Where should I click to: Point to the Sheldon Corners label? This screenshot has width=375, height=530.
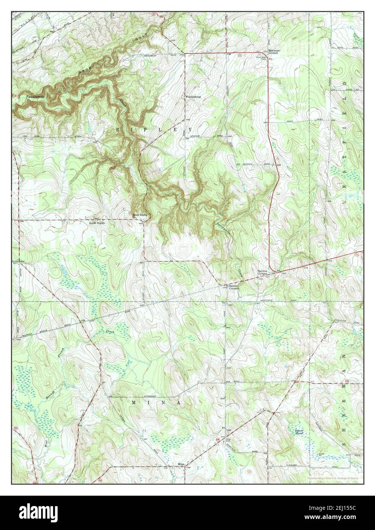tap(262, 272)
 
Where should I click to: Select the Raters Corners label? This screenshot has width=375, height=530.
tap(233, 287)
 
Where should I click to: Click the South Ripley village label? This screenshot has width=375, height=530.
tap(97, 223)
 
